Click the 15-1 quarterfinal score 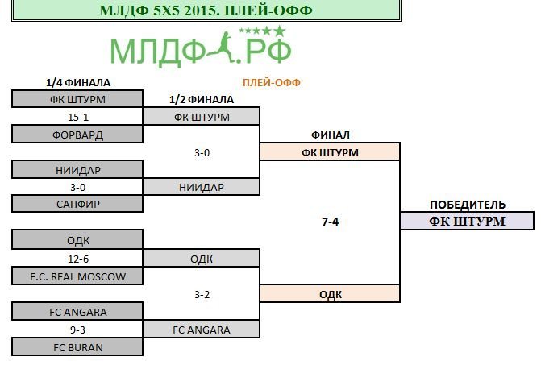pos(78,117)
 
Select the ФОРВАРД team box pos(77,134)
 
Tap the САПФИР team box pos(77,204)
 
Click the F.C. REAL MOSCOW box pos(77,276)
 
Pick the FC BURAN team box pos(77,347)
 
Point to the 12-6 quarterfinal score pos(78,259)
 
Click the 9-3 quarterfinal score pos(77,330)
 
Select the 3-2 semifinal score pos(202,294)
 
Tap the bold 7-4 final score pos(331,222)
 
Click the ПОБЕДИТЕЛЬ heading pos(468,205)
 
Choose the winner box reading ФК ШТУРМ pos(467,221)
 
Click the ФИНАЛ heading pos(331,135)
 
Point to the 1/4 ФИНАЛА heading pos(78,83)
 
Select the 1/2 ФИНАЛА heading pos(202,100)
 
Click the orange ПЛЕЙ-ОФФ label pos(272,83)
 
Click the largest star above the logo pos(280,31)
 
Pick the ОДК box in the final pos(331,294)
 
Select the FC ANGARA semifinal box pos(202,330)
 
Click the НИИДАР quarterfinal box pos(77,169)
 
